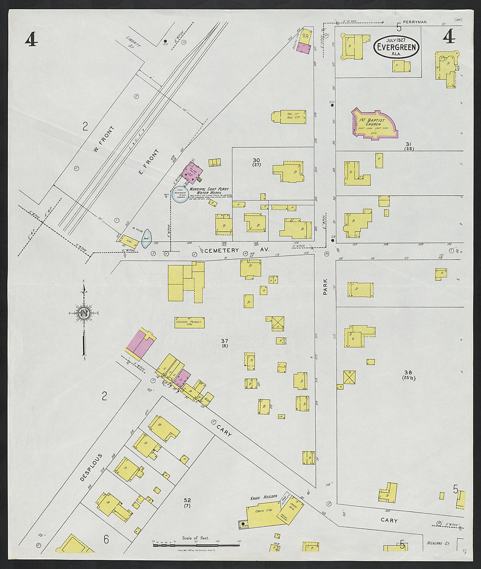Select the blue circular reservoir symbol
(x=179, y=194)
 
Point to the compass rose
(x=84, y=313)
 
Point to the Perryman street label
(x=415, y=21)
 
